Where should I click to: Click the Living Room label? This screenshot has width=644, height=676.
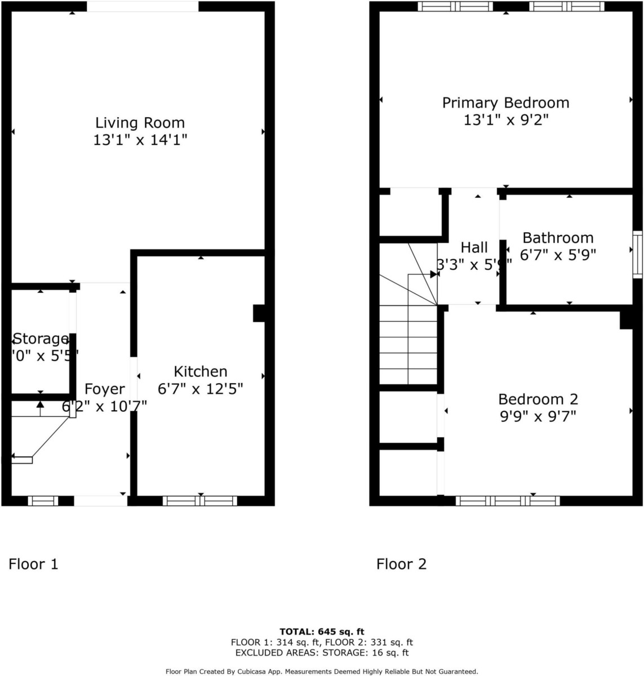tap(140, 123)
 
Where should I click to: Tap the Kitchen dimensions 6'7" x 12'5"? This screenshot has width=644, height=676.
tap(200, 389)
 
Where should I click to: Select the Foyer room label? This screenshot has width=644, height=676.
tap(104, 389)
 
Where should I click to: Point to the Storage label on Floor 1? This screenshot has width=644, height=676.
tap(41, 339)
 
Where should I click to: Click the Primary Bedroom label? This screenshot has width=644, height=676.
tap(505, 103)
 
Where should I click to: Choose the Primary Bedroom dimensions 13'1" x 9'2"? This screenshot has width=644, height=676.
tap(505, 120)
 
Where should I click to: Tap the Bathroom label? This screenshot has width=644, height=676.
tap(558, 238)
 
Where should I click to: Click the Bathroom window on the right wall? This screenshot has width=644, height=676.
tap(637, 254)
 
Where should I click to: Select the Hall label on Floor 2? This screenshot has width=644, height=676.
tap(474, 247)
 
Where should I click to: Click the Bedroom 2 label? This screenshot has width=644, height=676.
tap(538, 399)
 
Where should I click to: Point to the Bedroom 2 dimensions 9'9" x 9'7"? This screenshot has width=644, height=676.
tap(538, 416)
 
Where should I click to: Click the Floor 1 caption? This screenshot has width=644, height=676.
tap(33, 564)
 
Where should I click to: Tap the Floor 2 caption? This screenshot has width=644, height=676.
tap(401, 564)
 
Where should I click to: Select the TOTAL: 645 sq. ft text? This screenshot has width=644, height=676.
tap(322, 631)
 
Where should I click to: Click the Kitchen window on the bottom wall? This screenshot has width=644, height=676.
tap(200, 501)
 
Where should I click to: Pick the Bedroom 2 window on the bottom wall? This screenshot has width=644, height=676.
tap(507, 501)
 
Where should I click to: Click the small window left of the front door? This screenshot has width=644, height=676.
tap(43, 501)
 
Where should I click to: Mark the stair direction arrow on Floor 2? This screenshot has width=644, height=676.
tap(433, 274)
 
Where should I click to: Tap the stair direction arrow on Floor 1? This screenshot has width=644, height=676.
tap(40, 404)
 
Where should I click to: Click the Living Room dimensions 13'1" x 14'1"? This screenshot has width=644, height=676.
tap(140, 140)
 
